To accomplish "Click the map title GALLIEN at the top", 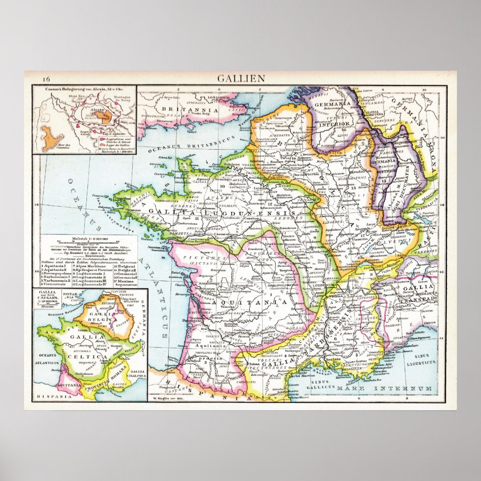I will point(241,79).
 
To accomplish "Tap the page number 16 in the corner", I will point(46,79).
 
